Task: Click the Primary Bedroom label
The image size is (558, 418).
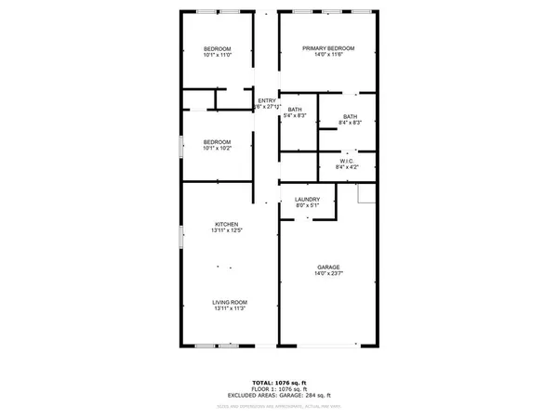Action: pos(328,48)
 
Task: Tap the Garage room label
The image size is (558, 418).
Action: pos(328,267)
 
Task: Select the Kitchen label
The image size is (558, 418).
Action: pos(227,224)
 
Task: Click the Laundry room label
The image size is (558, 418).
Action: pos(307,200)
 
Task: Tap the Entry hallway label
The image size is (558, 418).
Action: pos(267,100)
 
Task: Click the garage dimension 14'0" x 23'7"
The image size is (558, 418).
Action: pos(328,274)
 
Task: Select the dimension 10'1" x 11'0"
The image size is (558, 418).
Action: pos(217,56)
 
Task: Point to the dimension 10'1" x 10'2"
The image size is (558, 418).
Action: pos(217,149)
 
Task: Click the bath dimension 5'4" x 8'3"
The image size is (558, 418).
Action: pos(294,116)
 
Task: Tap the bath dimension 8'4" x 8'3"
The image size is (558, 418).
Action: pos(350,123)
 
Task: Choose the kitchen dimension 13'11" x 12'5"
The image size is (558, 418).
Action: pos(227,231)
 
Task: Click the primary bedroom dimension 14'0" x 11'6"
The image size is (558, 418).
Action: pos(328,56)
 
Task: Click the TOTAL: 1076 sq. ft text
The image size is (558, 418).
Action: pos(279,382)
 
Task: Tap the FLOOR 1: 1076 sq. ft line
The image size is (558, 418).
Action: pos(279,389)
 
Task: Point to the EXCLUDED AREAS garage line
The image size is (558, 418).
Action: pos(279,396)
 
